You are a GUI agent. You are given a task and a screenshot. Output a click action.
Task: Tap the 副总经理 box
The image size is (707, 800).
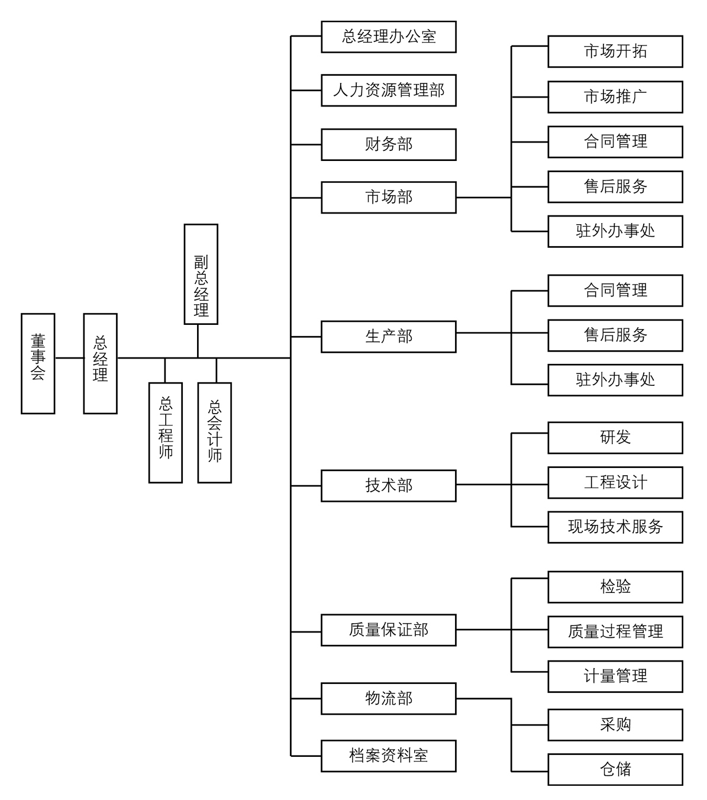point(201,274)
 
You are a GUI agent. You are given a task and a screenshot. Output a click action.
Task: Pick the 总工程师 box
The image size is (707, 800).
point(165,433)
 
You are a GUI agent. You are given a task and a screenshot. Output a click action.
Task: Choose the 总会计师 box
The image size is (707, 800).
point(214,433)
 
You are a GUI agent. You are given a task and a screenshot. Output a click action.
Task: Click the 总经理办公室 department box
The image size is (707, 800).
point(388,37)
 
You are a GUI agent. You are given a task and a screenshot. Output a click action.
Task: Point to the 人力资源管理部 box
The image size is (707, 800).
point(388,91)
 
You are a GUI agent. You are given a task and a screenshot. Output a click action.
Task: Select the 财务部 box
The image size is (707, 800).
point(388,144)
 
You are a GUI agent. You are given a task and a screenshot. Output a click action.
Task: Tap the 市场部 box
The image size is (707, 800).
point(388,197)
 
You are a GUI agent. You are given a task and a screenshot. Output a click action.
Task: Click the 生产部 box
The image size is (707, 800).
point(388,337)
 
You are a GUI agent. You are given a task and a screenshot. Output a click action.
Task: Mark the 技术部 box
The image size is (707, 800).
point(388,486)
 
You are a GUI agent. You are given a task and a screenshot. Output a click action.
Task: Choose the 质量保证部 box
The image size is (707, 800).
point(388,630)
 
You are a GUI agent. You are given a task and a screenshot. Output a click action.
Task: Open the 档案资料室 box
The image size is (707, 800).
point(388,756)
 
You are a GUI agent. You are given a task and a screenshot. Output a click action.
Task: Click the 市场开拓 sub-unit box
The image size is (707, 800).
point(615,51)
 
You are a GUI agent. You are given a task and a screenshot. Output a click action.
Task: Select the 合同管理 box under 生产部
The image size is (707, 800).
point(615,291)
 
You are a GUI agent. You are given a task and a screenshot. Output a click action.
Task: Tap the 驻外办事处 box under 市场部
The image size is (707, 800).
point(615,231)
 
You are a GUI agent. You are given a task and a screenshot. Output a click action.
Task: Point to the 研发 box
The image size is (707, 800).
point(615,438)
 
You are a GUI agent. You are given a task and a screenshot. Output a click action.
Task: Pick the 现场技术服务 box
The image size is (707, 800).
point(615,527)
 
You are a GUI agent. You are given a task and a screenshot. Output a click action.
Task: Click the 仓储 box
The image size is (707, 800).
point(615,769)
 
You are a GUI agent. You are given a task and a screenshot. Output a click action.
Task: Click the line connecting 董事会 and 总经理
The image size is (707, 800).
point(69,358)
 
